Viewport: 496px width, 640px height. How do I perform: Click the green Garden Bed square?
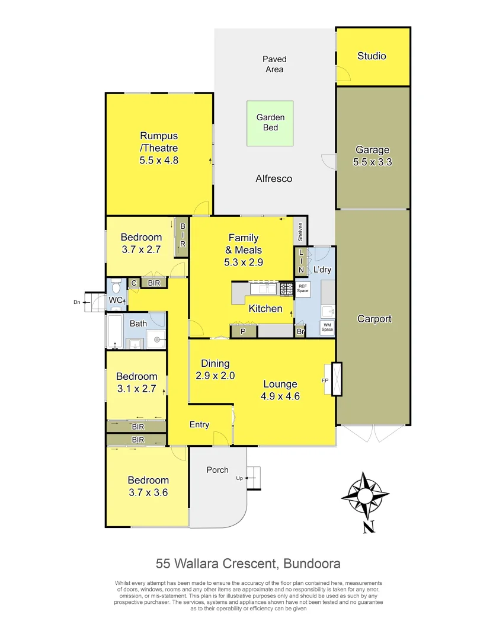click(x=270, y=123)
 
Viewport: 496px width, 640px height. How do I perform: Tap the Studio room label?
click(x=372, y=56)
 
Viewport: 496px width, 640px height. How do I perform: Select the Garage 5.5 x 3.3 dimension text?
click(x=373, y=162)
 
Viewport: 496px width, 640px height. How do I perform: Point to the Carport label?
click(x=374, y=319)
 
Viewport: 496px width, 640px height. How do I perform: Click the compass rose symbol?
click(x=365, y=493)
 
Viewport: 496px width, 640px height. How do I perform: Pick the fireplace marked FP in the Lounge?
click(x=337, y=379)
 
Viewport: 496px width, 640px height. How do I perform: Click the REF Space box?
click(x=303, y=289)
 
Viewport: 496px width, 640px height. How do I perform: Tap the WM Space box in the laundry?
click(x=327, y=327)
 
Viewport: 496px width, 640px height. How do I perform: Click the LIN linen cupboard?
click(x=300, y=261)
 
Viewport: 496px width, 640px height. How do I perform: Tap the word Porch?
click(x=217, y=470)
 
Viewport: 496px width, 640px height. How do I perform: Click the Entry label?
click(x=199, y=424)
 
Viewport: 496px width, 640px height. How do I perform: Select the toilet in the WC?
click(x=116, y=287)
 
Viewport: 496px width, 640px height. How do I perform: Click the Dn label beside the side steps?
click(x=76, y=302)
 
